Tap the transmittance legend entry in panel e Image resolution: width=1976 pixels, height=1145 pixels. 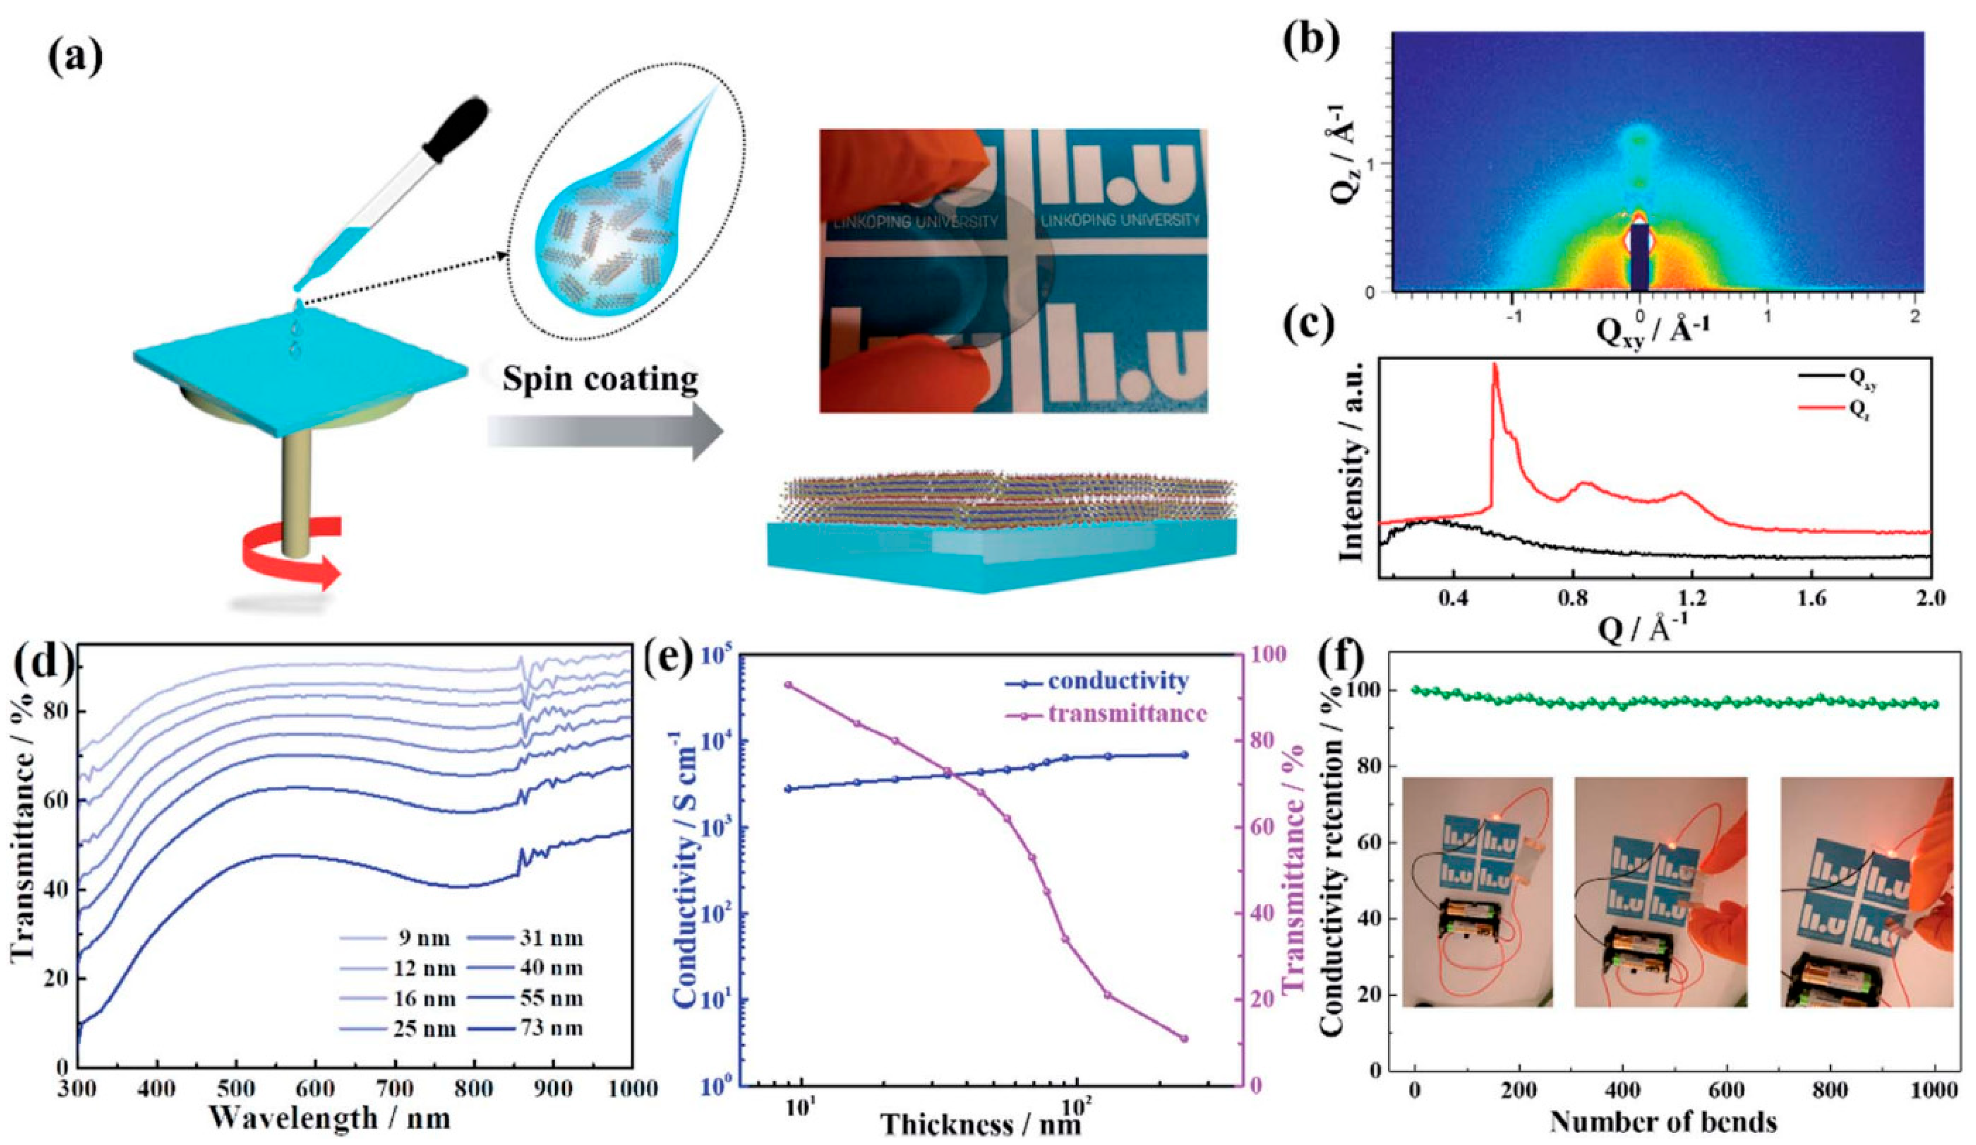pos(1106,713)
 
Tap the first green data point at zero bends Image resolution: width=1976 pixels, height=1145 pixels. pos(1415,689)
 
